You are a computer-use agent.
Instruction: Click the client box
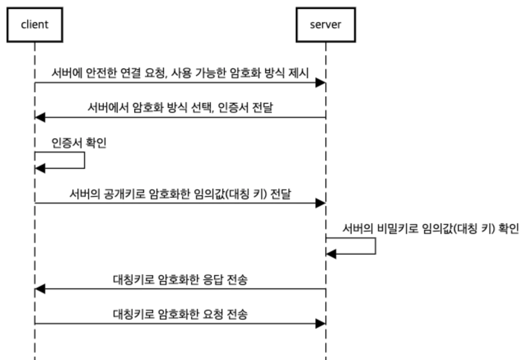point(35,25)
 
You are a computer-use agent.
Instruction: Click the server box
point(325,25)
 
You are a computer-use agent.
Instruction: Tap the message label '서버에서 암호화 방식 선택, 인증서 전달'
point(180,108)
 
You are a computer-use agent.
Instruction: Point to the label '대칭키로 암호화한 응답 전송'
point(180,280)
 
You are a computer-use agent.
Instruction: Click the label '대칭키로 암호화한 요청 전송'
point(180,314)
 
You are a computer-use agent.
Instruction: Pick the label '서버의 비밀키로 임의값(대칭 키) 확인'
point(430,229)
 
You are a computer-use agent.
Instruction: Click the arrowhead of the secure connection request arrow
point(320,83)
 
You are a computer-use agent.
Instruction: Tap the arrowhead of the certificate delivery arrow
point(40,117)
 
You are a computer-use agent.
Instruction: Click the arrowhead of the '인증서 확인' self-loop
point(40,168)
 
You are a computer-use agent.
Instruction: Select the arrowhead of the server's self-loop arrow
point(331,254)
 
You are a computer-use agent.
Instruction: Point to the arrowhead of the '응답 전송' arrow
point(40,289)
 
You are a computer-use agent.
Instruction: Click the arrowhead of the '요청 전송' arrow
point(320,324)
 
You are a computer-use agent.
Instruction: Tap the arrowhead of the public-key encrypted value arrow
point(320,203)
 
